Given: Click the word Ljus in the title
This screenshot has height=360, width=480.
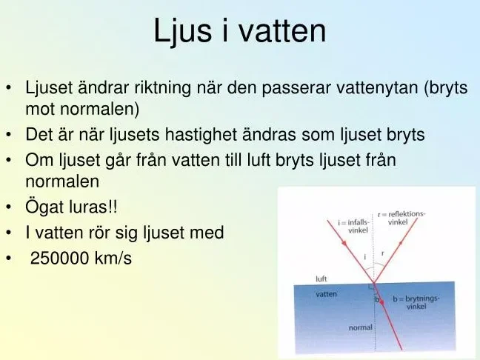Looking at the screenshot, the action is coord(183,31).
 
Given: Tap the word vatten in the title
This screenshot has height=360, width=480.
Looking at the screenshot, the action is coord(282,30).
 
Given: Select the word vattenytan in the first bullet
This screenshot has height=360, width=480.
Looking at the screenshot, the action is coord(377,89).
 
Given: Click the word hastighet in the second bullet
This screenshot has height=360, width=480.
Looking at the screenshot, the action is coord(201,135).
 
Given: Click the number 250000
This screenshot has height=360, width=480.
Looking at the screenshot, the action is coord(60,258).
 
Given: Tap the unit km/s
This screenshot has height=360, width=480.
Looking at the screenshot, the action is coord(113,258).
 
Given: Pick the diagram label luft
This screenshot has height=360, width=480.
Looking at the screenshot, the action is coord(321,279).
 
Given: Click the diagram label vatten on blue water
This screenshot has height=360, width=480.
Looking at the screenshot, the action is coord(327,294).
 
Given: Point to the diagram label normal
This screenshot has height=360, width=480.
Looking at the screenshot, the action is coord(361,327).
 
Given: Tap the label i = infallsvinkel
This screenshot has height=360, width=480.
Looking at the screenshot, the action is coord(354,226).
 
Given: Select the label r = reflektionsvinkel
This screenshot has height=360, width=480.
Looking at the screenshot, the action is coord(401,218).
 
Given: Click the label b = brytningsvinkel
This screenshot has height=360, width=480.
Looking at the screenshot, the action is coord(416,302).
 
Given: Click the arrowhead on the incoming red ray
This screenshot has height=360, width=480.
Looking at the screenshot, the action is coord(344,243).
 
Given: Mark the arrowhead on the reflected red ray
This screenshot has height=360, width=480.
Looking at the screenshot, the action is coord(401,243).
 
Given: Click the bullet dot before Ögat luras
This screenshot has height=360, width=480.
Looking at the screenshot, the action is coord(9,207).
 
